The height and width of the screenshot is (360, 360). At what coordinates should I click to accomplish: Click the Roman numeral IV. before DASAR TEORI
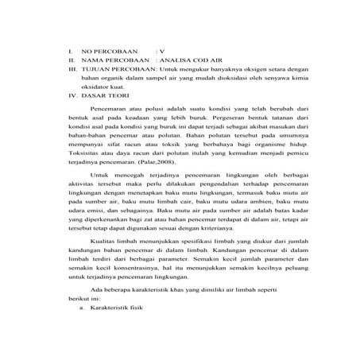point(72,93)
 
